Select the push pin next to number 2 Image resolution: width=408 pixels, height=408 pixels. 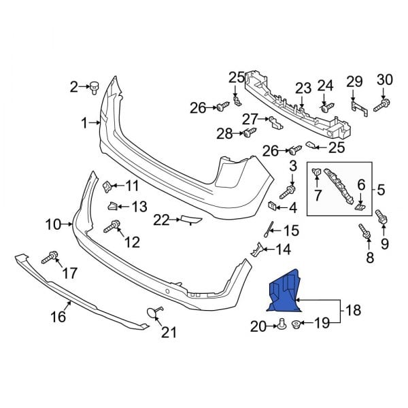(x=95, y=86)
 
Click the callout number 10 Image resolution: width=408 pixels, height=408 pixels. (x=53, y=223)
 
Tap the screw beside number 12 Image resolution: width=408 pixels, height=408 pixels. (x=112, y=227)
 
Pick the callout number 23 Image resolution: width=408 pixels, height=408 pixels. (x=303, y=88)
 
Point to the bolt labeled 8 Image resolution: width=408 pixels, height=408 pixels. (x=365, y=234)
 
